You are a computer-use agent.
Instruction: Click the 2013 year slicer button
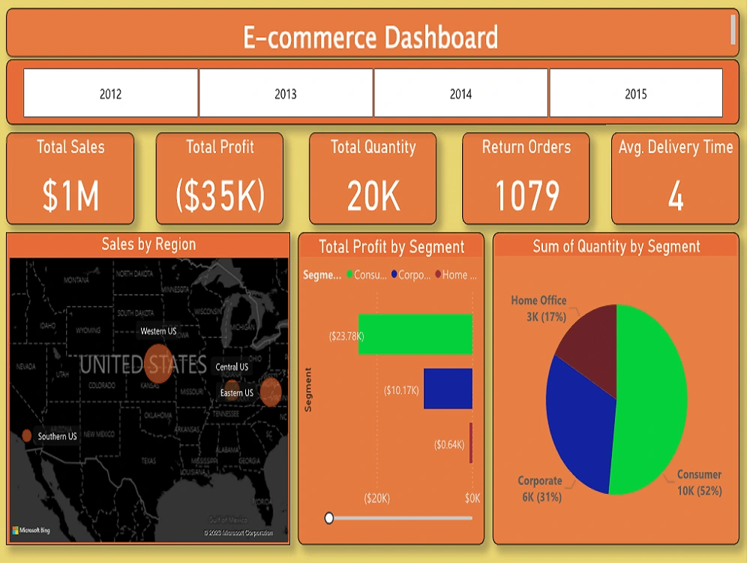click(x=286, y=94)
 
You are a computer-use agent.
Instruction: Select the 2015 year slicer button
click(x=636, y=94)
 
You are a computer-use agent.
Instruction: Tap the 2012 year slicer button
click(x=110, y=94)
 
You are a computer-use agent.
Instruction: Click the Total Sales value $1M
click(x=70, y=196)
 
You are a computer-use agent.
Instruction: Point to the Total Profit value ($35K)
click(x=220, y=196)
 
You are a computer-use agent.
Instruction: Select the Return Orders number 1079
click(x=526, y=196)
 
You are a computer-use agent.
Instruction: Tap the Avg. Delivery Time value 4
click(x=676, y=196)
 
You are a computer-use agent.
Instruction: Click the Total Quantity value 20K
click(x=373, y=196)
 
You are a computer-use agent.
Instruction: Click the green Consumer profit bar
click(x=415, y=334)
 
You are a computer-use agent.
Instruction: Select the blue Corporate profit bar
click(x=448, y=388)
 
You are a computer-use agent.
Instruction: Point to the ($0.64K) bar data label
click(x=449, y=444)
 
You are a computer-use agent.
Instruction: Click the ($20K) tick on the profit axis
click(x=376, y=498)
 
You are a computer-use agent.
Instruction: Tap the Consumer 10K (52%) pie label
click(x=699, y=483)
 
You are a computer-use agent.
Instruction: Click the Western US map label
click(x=158, y=331)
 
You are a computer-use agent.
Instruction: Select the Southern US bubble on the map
click(x=27, y=435)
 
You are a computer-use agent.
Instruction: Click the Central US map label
click(x=232, y=367)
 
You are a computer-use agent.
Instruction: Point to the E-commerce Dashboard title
click(x=370, y=37)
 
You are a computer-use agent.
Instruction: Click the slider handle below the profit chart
click(x=328, y=517)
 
